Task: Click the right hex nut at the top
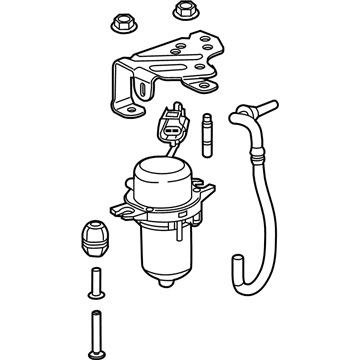click(x=183, y=10)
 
